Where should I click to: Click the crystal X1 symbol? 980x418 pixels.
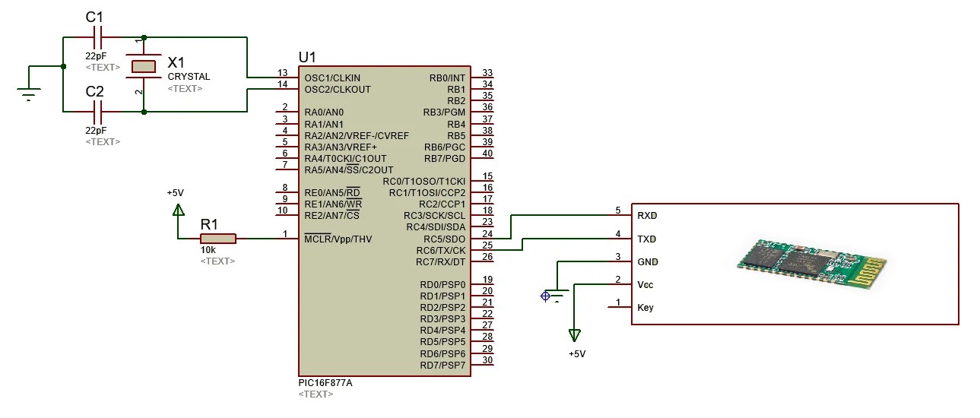tap(144, 66)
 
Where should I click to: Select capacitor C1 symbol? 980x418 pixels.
tap(97, 36)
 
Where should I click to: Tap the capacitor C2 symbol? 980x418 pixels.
tap(97, 112)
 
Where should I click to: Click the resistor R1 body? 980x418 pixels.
tap(218, 239)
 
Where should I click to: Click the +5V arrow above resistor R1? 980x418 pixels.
tap(178, 210)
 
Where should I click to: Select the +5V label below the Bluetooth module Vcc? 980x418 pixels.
tap(577, 354)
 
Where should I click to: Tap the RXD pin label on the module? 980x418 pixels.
tap(647, 216)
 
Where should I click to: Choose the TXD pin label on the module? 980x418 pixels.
tap(647, 239)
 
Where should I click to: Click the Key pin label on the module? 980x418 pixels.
tap(645, 308)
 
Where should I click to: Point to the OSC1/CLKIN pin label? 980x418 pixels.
tap(332, 78)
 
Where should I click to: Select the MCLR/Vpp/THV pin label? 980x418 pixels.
tap(338, 239)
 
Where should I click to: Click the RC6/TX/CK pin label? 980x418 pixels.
tap(440, 250)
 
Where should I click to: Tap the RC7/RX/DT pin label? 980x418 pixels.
tap(440, 262)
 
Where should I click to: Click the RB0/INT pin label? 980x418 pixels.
tap(447, 78)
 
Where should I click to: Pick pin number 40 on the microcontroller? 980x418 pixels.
tap(487, 154)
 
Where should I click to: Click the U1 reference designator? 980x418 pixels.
tap(308, 58)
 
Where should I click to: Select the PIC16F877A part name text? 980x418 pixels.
tap(325, 383)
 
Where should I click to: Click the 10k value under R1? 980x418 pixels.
tap(208, 250)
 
